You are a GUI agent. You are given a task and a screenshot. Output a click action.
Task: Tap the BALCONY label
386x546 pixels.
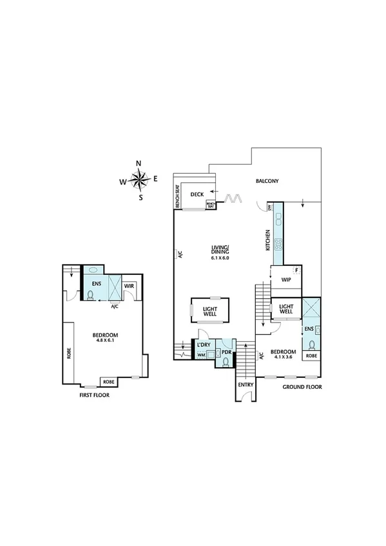point(267,182)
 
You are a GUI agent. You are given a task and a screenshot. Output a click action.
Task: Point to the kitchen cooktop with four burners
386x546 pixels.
point(278,244)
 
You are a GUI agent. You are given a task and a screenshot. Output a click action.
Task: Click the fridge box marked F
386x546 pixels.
point(296,270)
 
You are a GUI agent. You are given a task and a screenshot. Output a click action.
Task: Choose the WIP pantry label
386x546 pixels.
point(286,280)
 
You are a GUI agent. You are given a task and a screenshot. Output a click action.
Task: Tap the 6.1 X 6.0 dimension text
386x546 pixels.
point(220,258)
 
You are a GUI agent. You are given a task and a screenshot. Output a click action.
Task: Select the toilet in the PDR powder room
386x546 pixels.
point(225,362)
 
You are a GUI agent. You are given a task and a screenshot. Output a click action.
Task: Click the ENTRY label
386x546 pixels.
point(246,385)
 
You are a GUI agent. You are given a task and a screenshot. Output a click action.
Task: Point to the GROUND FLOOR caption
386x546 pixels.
point(302,387)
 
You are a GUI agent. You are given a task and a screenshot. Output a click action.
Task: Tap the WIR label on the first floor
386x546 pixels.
point(129,285)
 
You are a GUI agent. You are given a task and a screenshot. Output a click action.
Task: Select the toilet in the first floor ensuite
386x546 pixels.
point(91,295)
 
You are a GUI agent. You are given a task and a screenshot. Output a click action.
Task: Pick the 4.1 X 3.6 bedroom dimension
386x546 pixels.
point(282,359)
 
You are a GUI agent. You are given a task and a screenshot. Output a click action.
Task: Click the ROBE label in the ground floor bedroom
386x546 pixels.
point(311,355)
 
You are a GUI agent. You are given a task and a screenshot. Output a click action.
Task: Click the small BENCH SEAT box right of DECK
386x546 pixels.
point(211,205)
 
